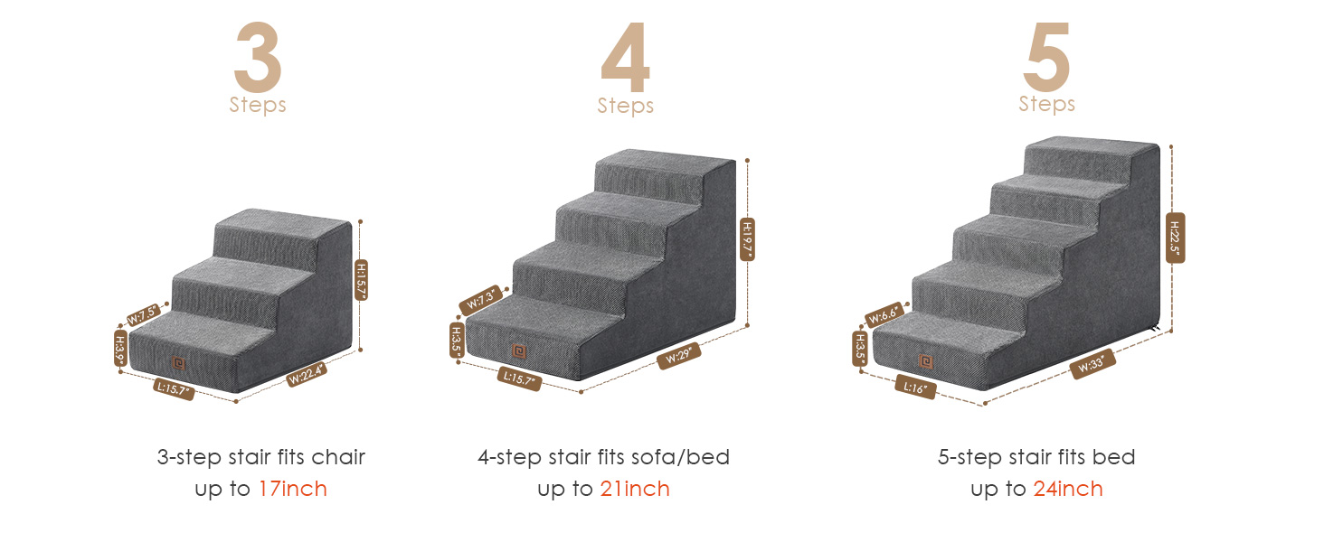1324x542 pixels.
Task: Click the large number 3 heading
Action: point(258,57)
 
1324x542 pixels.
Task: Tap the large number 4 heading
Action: point(625,57)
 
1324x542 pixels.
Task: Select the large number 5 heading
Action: point(1046,57)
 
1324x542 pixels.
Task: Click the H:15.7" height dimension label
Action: point(361,280)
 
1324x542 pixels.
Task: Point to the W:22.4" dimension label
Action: point(307,374)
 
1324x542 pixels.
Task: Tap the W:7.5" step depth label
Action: point(143,314)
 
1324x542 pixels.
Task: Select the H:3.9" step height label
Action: point(120,348)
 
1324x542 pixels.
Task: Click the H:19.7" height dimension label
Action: point(748,239)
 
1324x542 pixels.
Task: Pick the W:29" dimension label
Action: point(679,356)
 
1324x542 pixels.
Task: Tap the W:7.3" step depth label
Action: point(480,300)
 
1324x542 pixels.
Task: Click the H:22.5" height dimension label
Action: point(1176,238)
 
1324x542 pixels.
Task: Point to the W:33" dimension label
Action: point(1092,364)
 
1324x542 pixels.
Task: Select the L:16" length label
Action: point(915,387)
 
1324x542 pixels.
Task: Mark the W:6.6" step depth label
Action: point(884,315)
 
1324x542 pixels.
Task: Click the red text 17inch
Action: point(293,489)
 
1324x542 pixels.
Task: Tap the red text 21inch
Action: point(635,489)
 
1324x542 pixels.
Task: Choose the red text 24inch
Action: point(1068,489)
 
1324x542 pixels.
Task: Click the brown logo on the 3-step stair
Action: point(178,363)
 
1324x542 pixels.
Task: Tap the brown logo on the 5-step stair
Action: point(925,360)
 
